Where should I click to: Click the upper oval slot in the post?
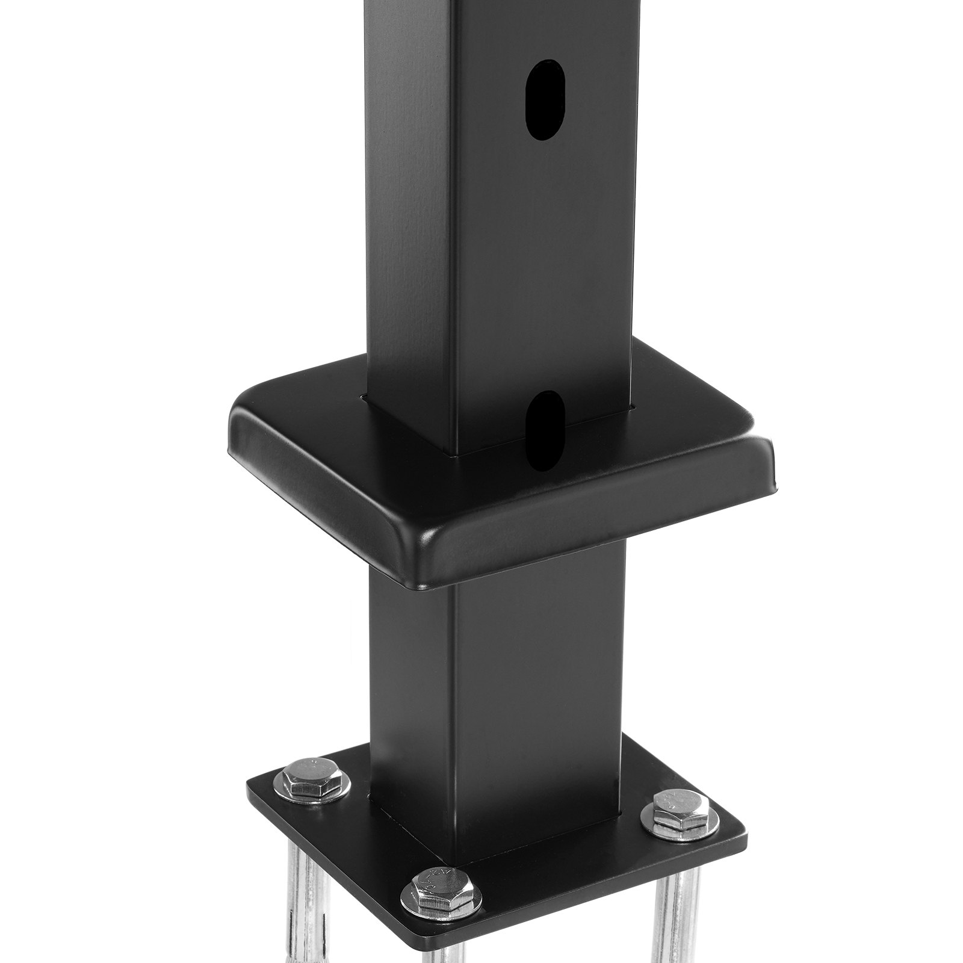coord(547,100)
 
